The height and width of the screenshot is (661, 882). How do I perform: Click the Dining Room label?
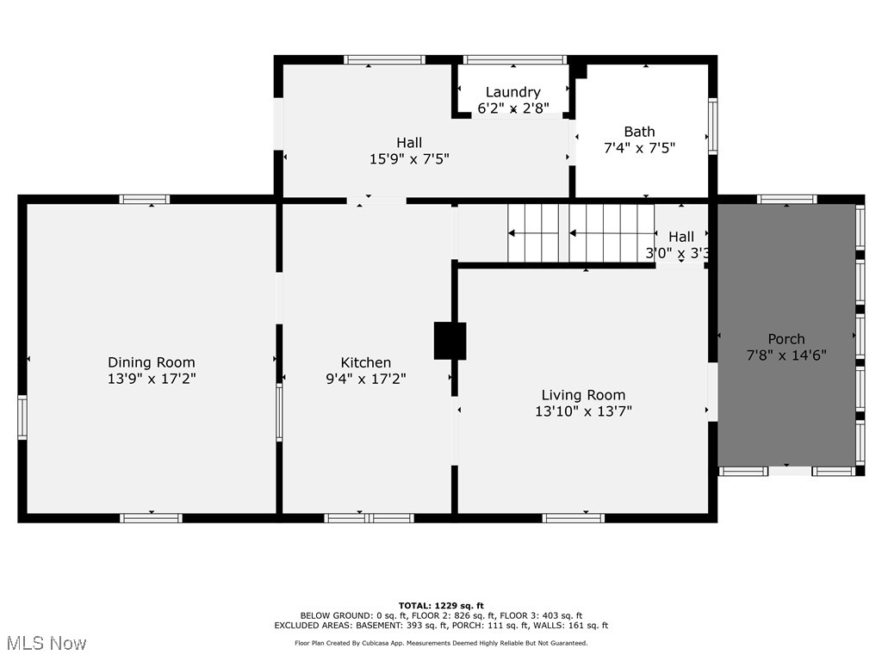[152, 362]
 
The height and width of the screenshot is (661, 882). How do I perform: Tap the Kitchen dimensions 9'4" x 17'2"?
[366, 378]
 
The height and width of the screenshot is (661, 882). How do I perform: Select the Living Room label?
[583, 395]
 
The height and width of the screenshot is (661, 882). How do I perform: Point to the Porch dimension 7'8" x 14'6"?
[786, 354]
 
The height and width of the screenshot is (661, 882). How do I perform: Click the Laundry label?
[512, 92]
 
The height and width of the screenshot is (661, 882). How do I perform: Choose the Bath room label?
[639, 132]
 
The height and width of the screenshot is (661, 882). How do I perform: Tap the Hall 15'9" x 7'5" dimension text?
[409, 158]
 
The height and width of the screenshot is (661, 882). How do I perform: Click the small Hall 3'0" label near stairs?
[680, 237]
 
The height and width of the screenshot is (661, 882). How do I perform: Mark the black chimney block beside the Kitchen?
[450, 341]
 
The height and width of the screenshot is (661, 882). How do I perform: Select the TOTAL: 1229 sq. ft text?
[441, 605]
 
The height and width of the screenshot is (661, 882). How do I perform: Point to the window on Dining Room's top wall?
[145, 200]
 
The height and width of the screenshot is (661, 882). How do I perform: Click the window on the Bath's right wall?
[712, 126]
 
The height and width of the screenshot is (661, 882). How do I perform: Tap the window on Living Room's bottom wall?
[573, 517]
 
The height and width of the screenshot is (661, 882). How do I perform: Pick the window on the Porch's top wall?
[786, 200]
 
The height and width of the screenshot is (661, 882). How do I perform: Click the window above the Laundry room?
[514, 60]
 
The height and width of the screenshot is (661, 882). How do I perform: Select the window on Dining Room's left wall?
[22, 417]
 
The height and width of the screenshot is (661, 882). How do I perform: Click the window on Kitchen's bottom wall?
[369, 517]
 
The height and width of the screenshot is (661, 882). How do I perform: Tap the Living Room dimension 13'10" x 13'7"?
[583, 411]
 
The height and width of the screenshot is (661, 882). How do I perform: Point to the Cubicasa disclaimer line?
[441, 643]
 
